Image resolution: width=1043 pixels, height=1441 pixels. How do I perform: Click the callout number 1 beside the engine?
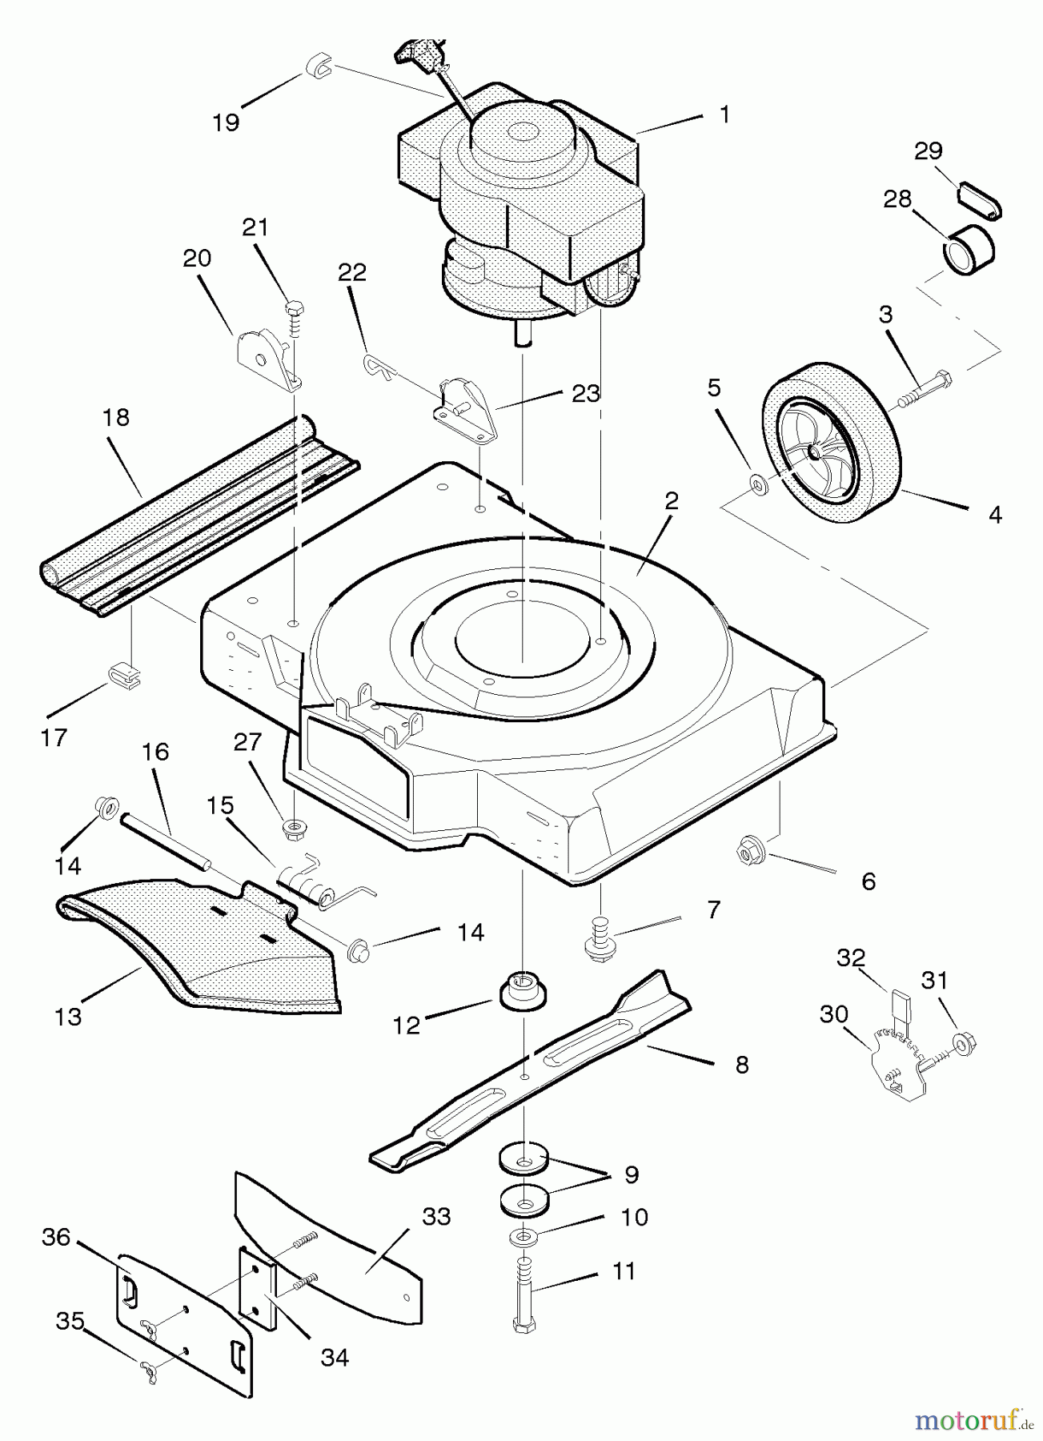[x=724, y=115]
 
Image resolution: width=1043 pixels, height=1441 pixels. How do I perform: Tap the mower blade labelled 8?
[x=528, y=1073]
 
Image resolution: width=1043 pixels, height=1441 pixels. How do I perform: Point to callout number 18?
[x=116, y=417]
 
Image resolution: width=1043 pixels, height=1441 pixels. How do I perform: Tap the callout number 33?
[x=436, y=1216]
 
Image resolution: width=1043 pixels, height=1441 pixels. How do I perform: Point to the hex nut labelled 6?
[x=749, y=853]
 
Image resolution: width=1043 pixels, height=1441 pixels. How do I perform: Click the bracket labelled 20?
[x=263, y=352]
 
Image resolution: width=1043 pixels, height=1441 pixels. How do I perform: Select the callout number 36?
[x=56, y=1237]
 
